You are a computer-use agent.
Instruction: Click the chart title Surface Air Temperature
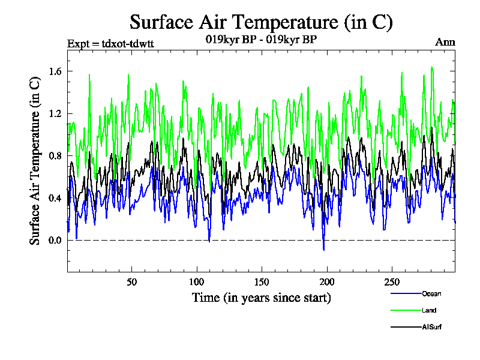coord(261,22)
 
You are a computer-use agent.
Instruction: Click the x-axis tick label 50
coord(132,282)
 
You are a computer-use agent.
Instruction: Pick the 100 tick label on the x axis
coord(197,282)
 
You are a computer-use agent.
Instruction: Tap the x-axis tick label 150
coord(262,282)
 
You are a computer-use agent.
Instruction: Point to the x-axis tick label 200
coord(327,282)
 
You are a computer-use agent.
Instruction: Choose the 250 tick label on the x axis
coord(392,282)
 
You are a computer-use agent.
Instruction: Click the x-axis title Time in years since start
coord(261,297)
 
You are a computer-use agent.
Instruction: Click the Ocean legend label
coord(431,293)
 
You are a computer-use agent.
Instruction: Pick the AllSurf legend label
coord(431,327)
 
